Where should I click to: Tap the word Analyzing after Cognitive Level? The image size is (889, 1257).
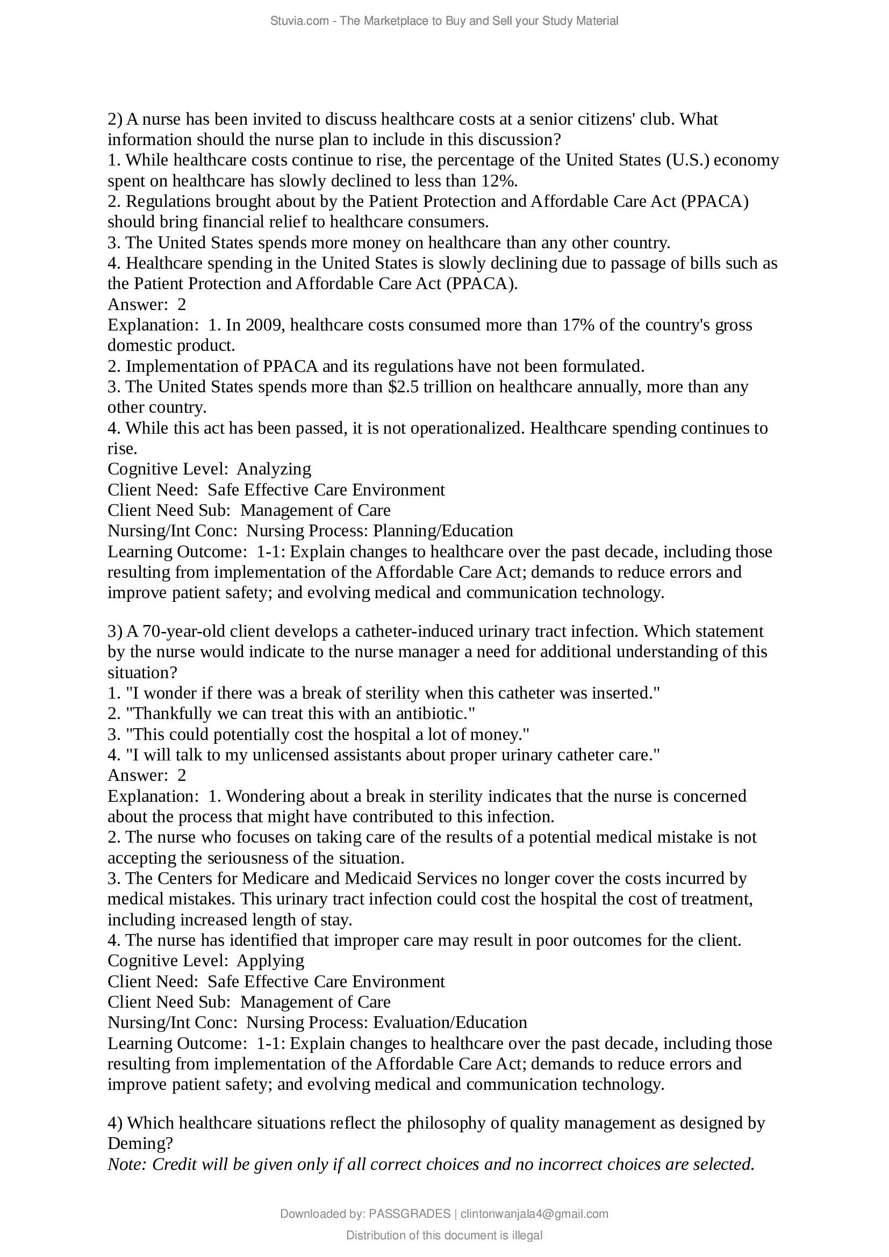click(274, 469)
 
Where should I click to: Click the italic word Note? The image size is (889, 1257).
click(126, 1164)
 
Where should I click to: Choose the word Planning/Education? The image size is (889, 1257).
click(443, 530)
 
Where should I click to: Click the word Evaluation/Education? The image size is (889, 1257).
click(450, 1022)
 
